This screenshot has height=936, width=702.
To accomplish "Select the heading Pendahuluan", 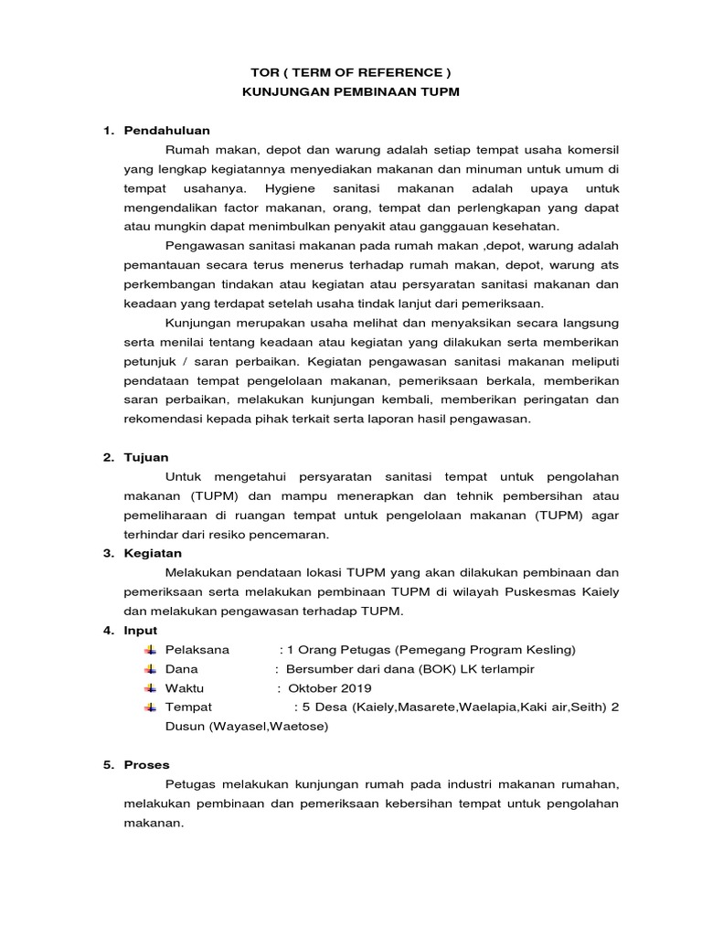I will (x=167, y=131).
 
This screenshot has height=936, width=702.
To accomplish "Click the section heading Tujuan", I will (x=146, y=457).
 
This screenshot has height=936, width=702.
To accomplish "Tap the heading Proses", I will (x=147, y=764).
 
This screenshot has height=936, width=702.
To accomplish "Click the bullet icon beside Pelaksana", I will (x=151, y=650).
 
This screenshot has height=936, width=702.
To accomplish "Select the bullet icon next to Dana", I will (x=151, y=669).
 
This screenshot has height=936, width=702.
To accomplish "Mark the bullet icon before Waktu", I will (x=151, y=688).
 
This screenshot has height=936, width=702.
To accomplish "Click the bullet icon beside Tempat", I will (x=151, y=707).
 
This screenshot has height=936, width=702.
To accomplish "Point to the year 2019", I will (x=360, y=688).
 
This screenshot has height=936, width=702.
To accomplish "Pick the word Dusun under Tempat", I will (x=144, y=727).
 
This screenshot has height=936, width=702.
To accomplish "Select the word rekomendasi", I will (x=165, y=419).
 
